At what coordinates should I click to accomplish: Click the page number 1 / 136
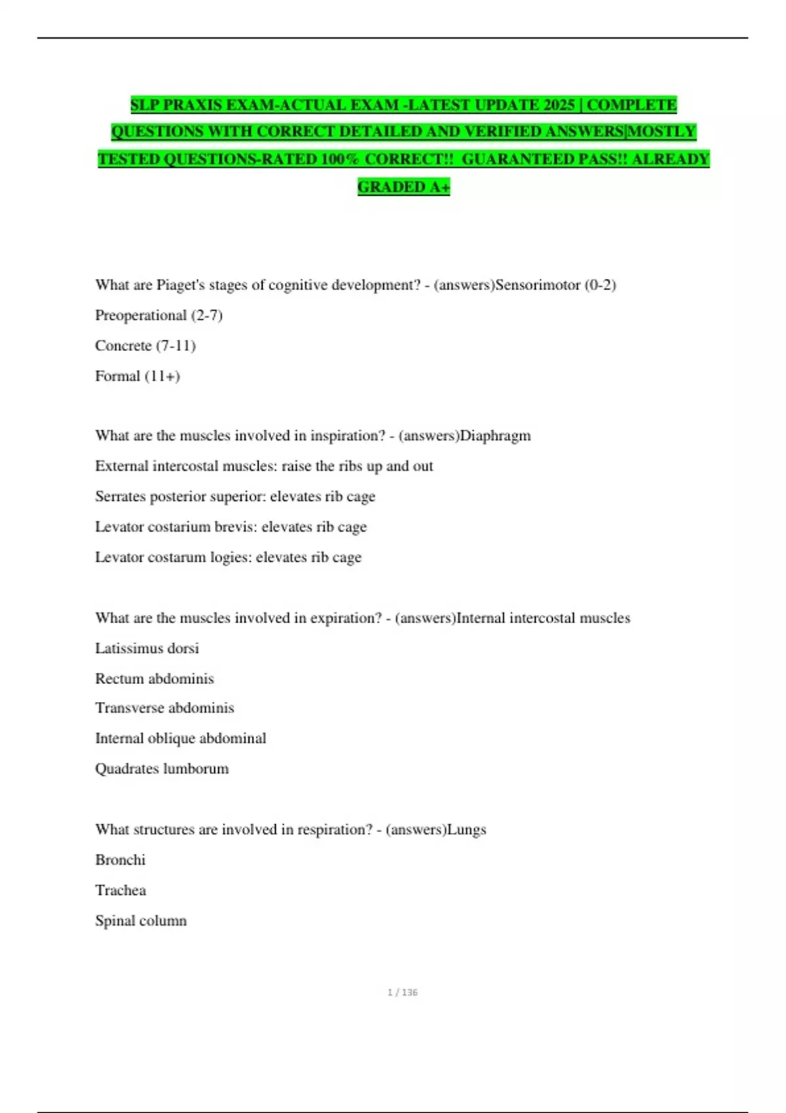pos(402,993)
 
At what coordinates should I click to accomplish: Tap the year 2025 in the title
pos(559,105)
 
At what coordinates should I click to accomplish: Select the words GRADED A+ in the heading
pos(403,187)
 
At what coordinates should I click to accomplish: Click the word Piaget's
pos(180,285)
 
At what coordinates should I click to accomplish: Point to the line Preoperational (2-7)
pos(159,316)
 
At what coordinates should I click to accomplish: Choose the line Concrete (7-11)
pos(145,346)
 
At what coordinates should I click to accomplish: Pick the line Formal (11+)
pos(138,376)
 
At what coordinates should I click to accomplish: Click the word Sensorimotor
pos(538,285)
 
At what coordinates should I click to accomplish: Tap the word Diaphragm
pos(495,436)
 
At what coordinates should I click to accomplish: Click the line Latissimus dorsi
pos(147,648)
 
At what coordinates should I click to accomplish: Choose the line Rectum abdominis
pos(155,678)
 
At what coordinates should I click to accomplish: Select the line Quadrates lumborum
pos(162,769)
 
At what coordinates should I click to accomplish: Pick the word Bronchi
pos(120,860)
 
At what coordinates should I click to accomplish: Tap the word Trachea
pos(121,890)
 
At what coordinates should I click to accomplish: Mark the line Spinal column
pos(141,921)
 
